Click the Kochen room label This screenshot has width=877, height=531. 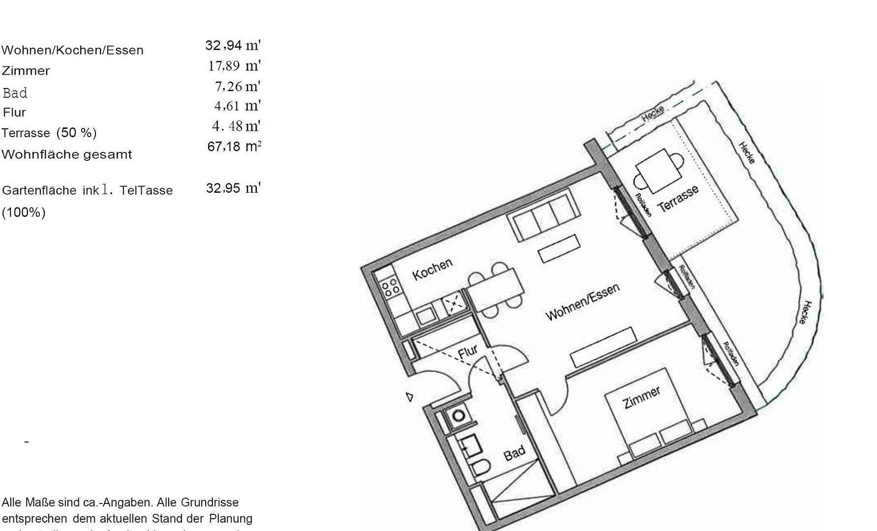[x=432, y=270]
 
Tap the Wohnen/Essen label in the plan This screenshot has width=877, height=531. [x=582, y=302]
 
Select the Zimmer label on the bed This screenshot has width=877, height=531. [x=641, y=398]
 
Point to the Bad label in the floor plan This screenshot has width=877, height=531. [x=514, y=453]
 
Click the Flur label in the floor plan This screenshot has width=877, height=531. [x=468, y=352]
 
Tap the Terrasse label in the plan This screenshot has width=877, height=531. [x=678, y=199]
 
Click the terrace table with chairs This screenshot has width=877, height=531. [x=659, y=171]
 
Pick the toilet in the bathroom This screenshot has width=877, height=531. [x=480, y=469]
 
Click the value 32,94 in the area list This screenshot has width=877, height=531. [x=224, y=46]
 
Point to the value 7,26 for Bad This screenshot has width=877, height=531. [x=229, y=87]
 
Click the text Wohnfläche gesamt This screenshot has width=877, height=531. [x=67, y=154]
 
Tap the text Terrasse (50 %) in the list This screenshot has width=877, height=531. [x=49, y=133]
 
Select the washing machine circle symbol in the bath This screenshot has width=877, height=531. [x=458, y=416]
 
